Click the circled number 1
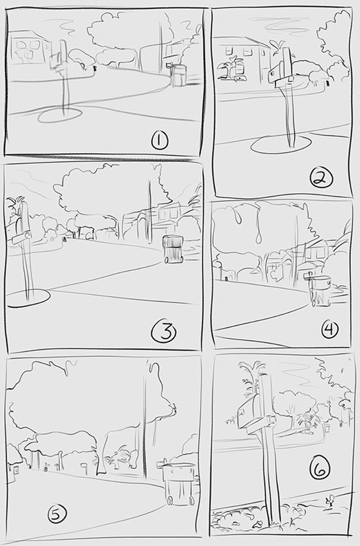click(160, 141)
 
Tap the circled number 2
click(321, 179)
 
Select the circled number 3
click(163, 332)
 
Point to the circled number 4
click(330, 330)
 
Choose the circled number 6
click(320, 468)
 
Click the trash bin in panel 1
click(178, 74)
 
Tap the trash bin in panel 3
click(174, 249)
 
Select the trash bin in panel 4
click(320, 291)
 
